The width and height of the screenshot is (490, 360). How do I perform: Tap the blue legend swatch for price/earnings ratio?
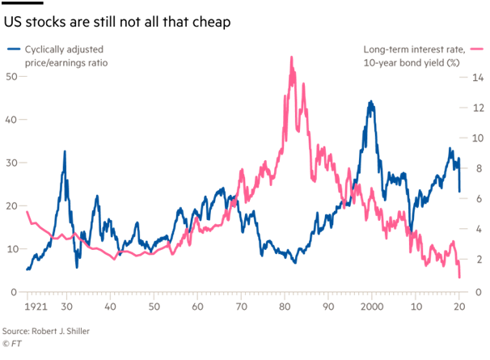(x=14, y=50)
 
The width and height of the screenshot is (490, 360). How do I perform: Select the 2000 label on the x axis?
(x=372, y=307)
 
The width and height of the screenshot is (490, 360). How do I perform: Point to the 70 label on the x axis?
(x=241, y=307)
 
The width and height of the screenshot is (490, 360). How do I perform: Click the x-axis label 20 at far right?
(x=460, y=307)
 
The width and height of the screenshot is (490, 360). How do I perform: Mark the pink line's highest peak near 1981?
(x=290, y=57)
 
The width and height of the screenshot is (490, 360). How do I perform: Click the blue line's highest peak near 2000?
(x=370, y=102)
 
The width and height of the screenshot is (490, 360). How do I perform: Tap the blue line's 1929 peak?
(x=65, y=151)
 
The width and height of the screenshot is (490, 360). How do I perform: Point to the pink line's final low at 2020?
(x=459, y=277)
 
